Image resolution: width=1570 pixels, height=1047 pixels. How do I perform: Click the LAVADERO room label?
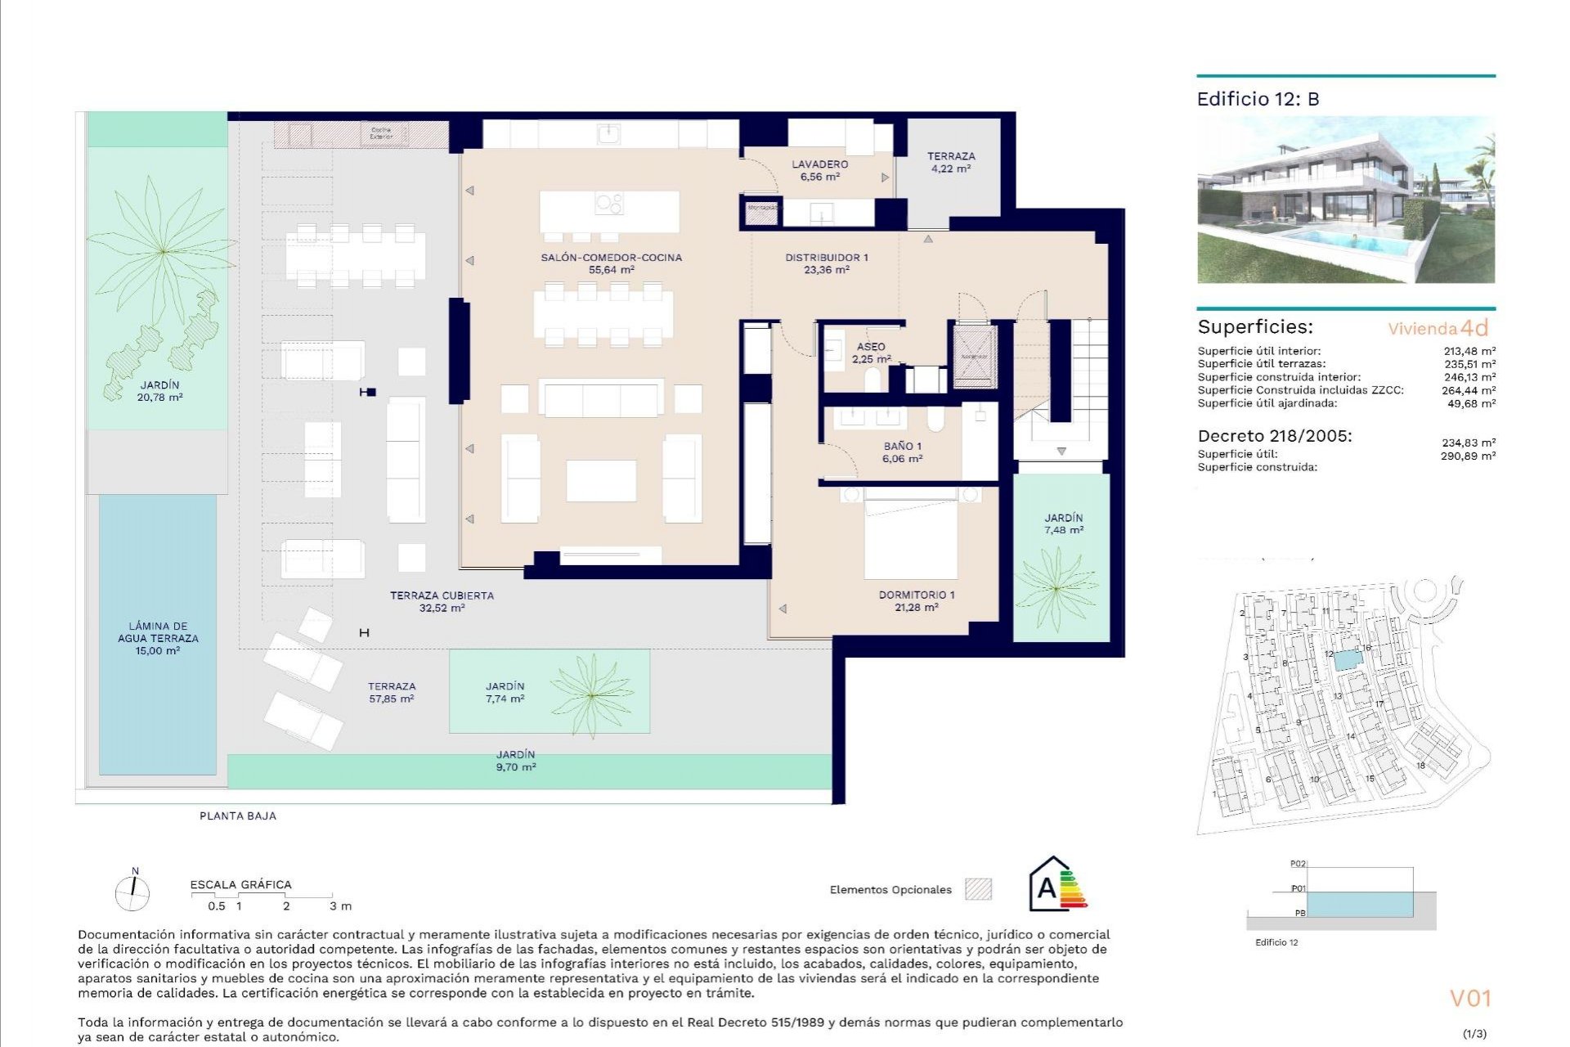[819, 170]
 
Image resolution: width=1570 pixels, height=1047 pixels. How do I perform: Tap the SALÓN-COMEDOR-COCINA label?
[611, 263]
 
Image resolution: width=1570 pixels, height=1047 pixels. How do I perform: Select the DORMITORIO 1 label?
[916, 601]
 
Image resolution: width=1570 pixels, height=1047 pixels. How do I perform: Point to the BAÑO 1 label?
[902, 452]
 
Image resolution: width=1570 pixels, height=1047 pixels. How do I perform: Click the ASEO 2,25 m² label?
[871, 353]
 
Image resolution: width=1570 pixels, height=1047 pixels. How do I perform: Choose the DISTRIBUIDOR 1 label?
[826, 263]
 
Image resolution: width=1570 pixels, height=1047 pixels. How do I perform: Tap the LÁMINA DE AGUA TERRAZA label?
[158, 638]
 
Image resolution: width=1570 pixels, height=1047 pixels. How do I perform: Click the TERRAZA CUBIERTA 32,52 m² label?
[442, 602]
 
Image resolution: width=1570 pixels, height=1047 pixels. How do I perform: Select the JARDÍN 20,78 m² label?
[159, 391]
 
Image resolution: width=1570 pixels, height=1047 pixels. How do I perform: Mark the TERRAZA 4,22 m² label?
[950, 162]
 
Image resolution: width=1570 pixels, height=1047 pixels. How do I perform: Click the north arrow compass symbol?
[132, 892]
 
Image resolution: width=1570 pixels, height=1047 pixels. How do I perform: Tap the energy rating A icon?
[1057, 885]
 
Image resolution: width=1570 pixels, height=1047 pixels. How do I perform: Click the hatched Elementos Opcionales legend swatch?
[978, 889]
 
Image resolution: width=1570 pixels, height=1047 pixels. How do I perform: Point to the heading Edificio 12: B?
[1258, 100]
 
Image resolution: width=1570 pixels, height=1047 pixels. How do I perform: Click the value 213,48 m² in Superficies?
[1469, 351]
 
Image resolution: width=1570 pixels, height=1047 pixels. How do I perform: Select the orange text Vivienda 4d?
[1438, 328]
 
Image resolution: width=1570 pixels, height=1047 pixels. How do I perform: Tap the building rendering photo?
[1346, 200]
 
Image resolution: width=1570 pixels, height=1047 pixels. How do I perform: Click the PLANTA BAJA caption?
[238, 816]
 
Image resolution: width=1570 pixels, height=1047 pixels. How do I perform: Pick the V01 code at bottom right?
[1470, 998]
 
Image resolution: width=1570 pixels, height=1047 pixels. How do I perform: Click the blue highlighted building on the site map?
[1346, 660]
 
